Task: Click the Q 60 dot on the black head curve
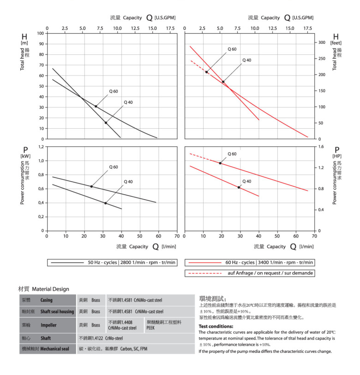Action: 96,107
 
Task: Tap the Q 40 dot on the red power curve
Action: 239,187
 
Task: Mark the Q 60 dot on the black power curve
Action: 91,186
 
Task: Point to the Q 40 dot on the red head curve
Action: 223,82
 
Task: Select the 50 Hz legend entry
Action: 112,262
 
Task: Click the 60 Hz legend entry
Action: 249,262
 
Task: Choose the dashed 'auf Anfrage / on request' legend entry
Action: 249,273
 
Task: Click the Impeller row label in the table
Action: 49,325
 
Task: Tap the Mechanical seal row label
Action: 54,349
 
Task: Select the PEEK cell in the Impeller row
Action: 150,328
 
